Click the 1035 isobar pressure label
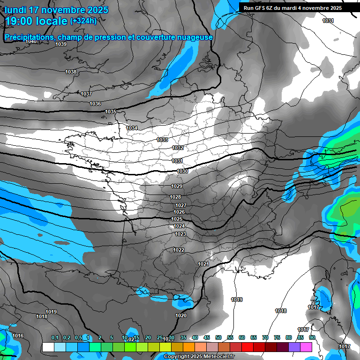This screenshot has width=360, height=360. pyautogui.click(x=111, y=112)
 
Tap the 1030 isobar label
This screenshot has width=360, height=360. pyautogui.click(x=182, y=171)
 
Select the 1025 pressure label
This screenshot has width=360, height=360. pyautogui.click(x=177, y=219)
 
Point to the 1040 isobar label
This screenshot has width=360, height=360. pyautogui.click(x=31, y=42)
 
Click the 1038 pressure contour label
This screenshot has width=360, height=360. pyautogui.click(x=71, y=72)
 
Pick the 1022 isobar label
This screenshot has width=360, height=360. pyautogui.click(x=178, y=250)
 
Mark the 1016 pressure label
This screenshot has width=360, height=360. pyautogui.click(x=18, y=336)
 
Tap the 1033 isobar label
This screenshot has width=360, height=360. pyautogui.click(x=162, y=140)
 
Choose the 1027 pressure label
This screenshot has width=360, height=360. pyautogui.click(x=181, y=205)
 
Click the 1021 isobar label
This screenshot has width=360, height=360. pyautogui.click(x=203, y=264)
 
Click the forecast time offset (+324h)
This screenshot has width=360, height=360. pyautogui.click(x=83, y=21)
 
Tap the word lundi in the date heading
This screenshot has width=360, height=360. pyautogui.click(x=17, y=10)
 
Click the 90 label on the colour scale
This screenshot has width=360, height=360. pyautogui.click(x=312, y=337)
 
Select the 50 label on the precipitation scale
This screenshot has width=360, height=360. pyautogui.click(x=218, y=337)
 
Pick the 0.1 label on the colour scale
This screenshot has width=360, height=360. pyautogui.click(x=55, y=337)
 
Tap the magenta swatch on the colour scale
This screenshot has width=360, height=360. pyautogui.click(x=306, y=347)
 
